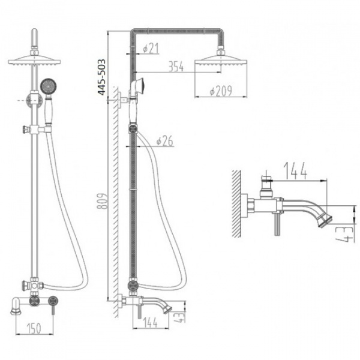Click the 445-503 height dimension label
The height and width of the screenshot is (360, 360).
tap(101, 77)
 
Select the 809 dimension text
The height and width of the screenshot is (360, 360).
tap(103, 201)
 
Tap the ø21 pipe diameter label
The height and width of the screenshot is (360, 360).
tap(151, 48)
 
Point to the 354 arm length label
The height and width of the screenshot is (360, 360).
tap(176, 67)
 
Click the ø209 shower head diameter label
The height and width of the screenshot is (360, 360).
tap(221, 91)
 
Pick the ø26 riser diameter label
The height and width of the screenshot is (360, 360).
tap(165, 141)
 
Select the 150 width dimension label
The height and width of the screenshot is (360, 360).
tap(34, 328)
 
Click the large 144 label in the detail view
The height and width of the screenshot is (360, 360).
tap(295, 171)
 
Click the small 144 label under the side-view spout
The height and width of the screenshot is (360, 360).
tap(151, 323)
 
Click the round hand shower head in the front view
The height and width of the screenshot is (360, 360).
tap(48, 86)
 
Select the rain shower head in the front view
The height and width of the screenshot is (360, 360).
tap(34, 61)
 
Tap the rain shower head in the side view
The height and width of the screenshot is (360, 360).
tap(221, 61)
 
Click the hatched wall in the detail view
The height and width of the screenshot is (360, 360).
tap(236, 203)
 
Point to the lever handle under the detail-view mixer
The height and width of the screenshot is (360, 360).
tap(277, 223)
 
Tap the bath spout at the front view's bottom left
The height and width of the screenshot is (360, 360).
tap(17, 305)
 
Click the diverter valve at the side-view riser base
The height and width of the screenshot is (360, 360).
tap(133, 286)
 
